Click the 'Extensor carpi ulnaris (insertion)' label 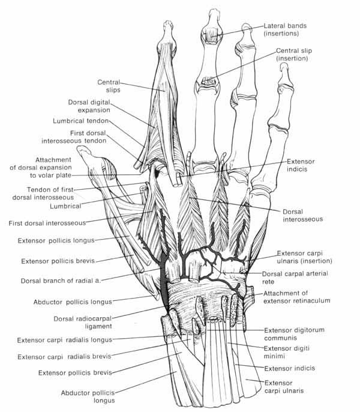click(x=307, y=258)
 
